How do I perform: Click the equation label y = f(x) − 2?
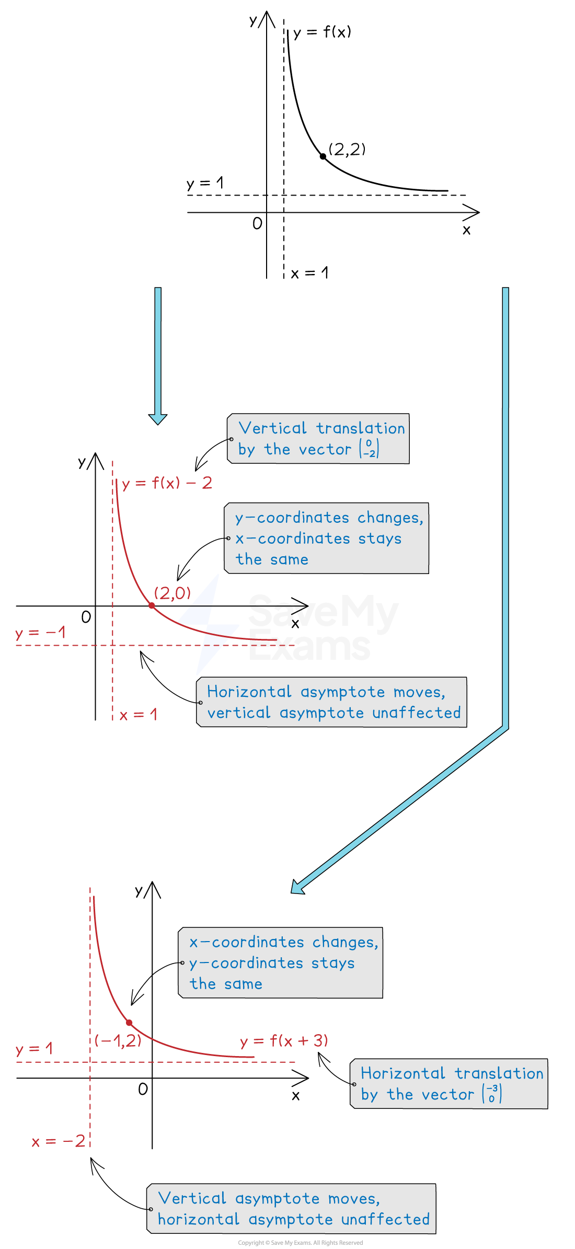(x=167, y=483)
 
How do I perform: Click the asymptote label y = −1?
(x=40, y=633)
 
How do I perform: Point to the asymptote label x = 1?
(x=139, y=715)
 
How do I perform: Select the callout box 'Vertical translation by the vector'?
(x=318, y=439)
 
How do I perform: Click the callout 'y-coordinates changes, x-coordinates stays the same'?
(x=327, y=538)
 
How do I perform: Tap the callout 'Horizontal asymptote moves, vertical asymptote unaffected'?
(x=331, y=702)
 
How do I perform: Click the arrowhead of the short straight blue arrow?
(x=158, y=419)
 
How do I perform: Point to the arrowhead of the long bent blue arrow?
(x=297, y=887)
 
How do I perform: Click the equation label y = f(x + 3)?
(x=284, y=1041)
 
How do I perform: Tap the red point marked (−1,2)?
(x=129, y=1023)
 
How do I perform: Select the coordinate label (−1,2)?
(x=118, y=1040)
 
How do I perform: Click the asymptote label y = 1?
(x=34, y=1049)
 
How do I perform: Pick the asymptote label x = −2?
(x=59, y=1141)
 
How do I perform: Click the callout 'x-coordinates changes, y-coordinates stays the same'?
(x=281, y=962)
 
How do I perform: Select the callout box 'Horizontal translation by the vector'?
(x=449, y=1084)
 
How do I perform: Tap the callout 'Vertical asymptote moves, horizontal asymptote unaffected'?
(x=292, y=1209)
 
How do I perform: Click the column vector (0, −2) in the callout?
(x=370, y=449)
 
